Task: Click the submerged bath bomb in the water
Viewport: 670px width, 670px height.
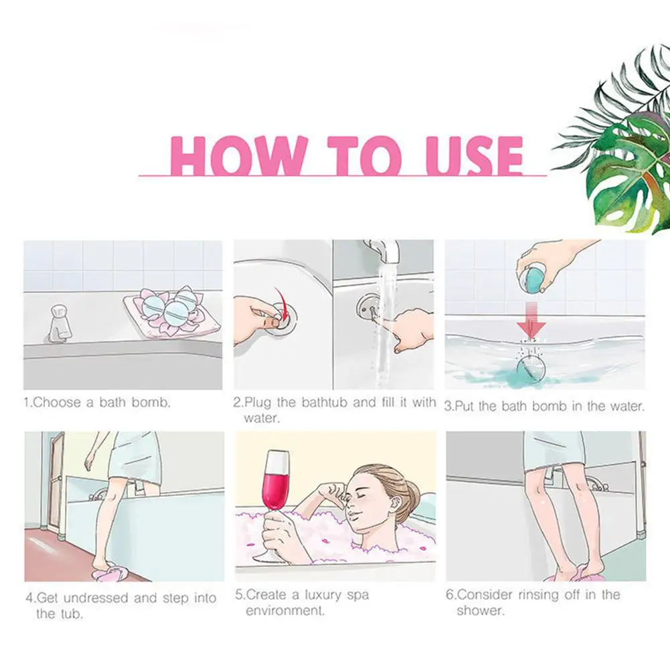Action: pyautogui.click(x=531, y=368)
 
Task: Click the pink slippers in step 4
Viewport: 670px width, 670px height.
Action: pyautogui.click(x=107, y=573)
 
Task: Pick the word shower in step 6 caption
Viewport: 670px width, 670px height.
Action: pyautogui.click(x=480, y=611)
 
